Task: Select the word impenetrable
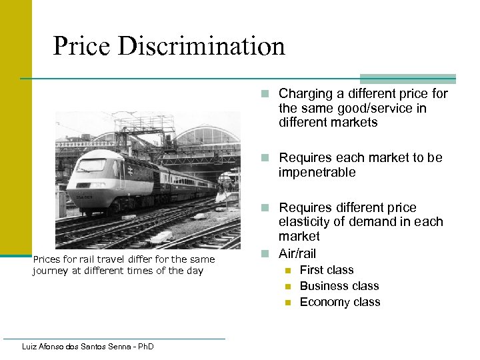click(317, 173)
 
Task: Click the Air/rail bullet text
click(297, 253)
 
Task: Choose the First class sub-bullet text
click(327, 270)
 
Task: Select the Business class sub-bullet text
click(339, 286)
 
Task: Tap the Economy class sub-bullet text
click(340, 302)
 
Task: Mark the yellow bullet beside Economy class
click(288, 303)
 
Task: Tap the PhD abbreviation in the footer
click(145, 347)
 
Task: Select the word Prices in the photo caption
click(46, 259)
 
